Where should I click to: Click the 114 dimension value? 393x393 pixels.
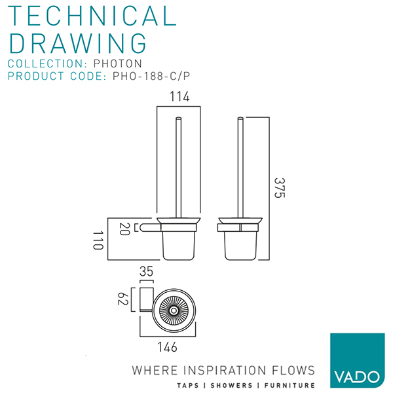(x=179, y=97)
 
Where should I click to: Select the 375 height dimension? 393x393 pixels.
(x=280, y=188)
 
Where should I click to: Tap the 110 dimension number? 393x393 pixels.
(x=98, y=240)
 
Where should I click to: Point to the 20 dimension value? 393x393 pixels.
(x=124, y=229)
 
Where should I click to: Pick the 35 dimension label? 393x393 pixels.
(x=146, y=271)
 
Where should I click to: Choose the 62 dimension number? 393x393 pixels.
(x=123, y=299)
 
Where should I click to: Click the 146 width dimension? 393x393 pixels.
(x=167, y=347)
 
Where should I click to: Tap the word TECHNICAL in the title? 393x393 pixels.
(x=92, y=16)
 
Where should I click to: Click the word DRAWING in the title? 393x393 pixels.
(x=77, y=43)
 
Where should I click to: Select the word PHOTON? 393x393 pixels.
(x=117, y=64)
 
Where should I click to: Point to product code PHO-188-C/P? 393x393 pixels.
(x=151, y=76)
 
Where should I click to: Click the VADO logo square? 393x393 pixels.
(x=358, y=360)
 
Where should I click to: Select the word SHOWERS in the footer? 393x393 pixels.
(x=231, y=385)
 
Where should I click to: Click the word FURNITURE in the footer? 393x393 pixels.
(x=290, y=385)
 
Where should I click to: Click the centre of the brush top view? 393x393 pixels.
(x=174, y=310)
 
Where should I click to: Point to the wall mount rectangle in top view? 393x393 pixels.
(x=147, y=299)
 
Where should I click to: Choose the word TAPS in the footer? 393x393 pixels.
(x=188, y=385)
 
